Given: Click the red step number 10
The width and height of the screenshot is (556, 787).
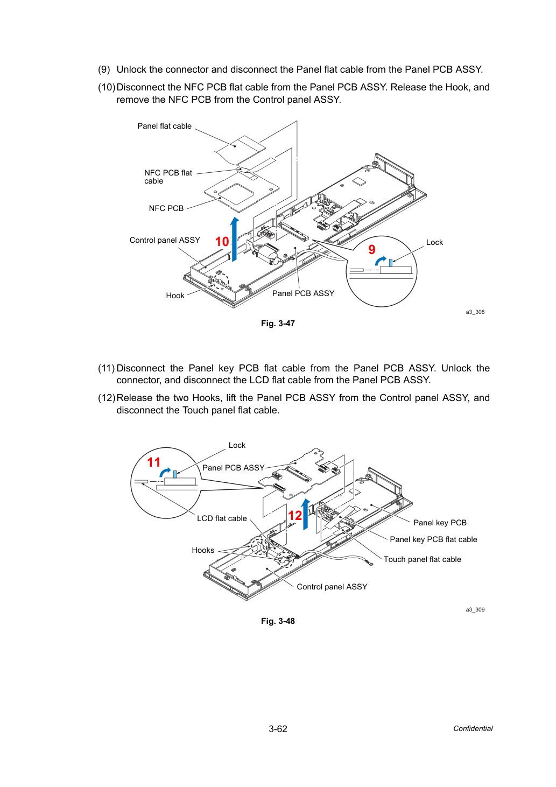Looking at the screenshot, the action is pos(222,242).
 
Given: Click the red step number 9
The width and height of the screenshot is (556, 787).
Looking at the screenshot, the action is pos(371,250).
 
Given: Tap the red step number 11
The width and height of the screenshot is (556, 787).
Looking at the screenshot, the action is pos(153,462).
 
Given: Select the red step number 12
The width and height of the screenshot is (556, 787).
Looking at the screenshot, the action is pos(294,516).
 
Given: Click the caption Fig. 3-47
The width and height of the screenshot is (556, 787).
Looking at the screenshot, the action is pos(278,324).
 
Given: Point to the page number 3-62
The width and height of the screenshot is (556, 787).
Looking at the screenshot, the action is pos(278,729).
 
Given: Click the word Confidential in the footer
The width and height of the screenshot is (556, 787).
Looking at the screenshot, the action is pos(473,728).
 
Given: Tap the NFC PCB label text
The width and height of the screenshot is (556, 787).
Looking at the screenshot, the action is pos(166,208).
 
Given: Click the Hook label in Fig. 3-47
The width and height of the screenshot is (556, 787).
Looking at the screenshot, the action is pos(175,296).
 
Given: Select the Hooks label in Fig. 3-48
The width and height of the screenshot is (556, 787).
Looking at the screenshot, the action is pos(203,550).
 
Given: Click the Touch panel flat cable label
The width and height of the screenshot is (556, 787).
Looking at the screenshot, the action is pos(422,559).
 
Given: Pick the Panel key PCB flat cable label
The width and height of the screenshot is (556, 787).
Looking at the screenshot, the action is pos(433,539).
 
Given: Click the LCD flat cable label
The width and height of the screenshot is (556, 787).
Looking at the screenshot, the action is pos(222,518).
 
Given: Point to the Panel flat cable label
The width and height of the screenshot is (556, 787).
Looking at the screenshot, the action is pos(164,126).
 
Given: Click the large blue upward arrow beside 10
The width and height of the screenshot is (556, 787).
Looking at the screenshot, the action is pos(234,239).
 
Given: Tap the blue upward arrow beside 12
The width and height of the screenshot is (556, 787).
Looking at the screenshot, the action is pos(306,514).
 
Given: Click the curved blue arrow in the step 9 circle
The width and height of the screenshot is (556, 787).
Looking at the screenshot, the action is pos(380,260).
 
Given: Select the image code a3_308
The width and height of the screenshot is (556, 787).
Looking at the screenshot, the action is pos(475,312).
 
